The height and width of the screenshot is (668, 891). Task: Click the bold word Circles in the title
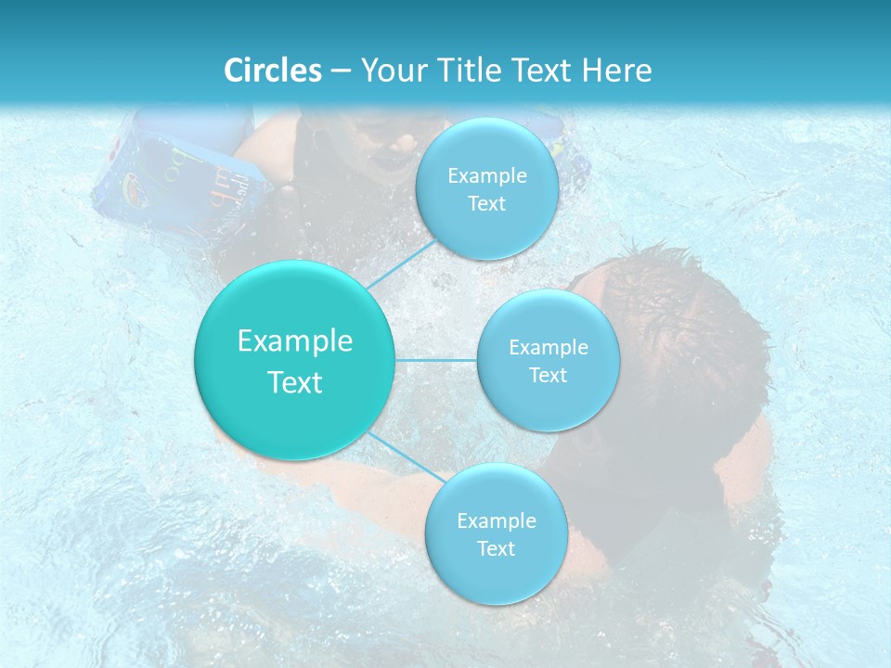click(273, 71)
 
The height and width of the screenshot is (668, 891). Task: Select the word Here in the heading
click(616, 71)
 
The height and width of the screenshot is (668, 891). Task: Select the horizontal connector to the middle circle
click(435, 360)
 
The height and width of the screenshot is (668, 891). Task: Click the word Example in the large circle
click(294, 341)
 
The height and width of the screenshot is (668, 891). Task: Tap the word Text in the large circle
click(294, 382)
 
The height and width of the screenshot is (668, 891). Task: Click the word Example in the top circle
click(486, 175)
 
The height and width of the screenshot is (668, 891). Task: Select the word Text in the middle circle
click(548, 376)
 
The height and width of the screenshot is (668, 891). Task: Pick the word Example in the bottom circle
click(496, 520)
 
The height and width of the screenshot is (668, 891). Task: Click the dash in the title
click(341, 71)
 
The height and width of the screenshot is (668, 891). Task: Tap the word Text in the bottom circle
click(496, 548)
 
